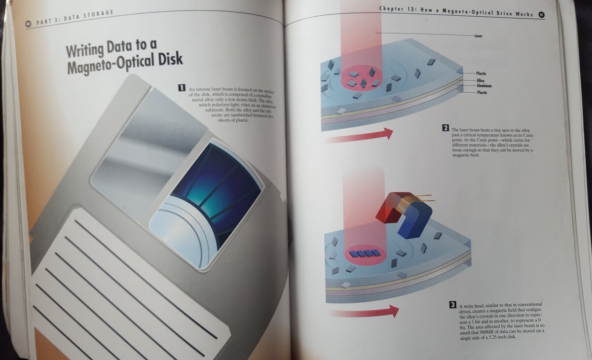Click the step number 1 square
(x=182, y=88)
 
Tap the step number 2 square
(x=445, y=129)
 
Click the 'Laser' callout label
(x=478, y=36)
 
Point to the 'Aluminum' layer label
(x=484, y=86)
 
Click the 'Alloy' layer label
(x=481, y=80)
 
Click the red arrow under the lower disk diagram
(x=363, y=312)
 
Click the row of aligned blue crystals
(x=365, y=253)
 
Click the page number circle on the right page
(x=542, y=15)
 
